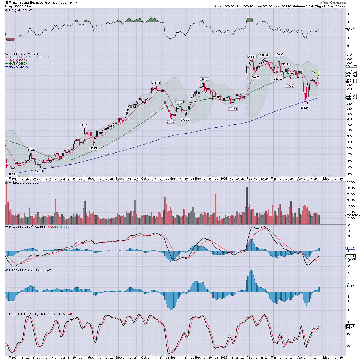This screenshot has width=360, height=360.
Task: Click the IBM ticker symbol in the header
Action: pos(8,3)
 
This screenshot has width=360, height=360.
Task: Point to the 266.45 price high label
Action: pos(279,54)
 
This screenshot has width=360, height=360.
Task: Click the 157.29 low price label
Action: pos(13,175)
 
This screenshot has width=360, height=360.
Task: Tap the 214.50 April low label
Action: pos(304,108)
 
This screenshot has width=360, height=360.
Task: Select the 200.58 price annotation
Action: pos(171,122)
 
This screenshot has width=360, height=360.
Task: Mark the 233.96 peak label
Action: pos(156,83)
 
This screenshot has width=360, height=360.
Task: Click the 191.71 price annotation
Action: pos(84,126)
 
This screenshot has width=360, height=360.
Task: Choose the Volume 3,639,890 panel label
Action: pos(24,183)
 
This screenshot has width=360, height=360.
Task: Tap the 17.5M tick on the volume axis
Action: pos(351,182)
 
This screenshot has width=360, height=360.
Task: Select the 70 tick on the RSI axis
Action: pos(348,22)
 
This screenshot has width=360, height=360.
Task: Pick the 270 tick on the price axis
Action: pos(349,54)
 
